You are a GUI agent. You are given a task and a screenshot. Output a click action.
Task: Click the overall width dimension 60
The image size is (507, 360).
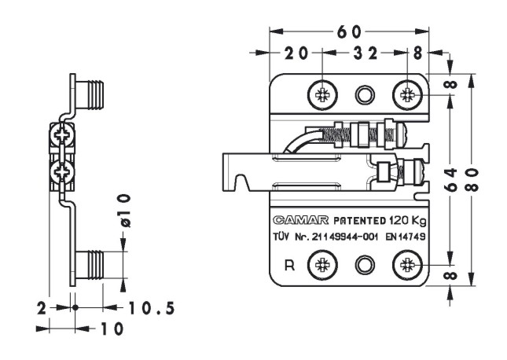click(350, 31)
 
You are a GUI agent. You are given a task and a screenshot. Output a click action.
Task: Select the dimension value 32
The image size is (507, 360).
click(363, 53)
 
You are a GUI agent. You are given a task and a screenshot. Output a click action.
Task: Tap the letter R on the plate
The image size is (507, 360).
click(289, 265)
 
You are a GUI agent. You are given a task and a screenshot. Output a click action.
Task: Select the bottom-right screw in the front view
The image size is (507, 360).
click(407, 264)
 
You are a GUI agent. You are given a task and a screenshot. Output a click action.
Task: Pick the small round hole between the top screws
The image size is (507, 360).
click(364, 95)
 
